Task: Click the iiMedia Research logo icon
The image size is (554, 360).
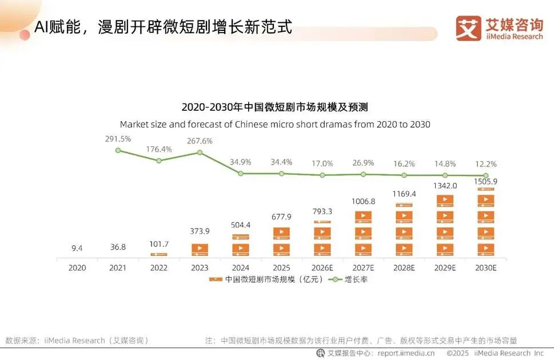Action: (468, 28)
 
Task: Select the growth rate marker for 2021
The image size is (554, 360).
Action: (118, 150)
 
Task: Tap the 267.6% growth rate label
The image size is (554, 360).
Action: (200, 141)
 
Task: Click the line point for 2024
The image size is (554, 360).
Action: (241, 173)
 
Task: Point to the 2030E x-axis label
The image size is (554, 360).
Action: (485, 267)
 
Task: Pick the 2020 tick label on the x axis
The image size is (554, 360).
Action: (77, 267)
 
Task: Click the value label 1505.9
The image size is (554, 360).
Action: (485, 182)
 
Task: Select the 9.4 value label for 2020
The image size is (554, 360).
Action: (77, 248)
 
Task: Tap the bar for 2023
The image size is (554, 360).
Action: (200, 250)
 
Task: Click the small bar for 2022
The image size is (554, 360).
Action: (159, 254)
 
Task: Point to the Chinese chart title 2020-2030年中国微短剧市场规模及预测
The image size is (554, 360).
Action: (274, 107)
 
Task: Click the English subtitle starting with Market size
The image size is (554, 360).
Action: (274, 124)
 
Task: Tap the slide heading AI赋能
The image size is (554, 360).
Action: (163, 27)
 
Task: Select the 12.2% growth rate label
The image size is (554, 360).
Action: (485, 163)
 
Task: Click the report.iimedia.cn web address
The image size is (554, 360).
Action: (405, 353)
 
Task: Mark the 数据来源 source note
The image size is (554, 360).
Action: (77, 340)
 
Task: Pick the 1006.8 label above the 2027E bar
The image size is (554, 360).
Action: (363, 201)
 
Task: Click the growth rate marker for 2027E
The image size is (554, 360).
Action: (363, 174)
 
